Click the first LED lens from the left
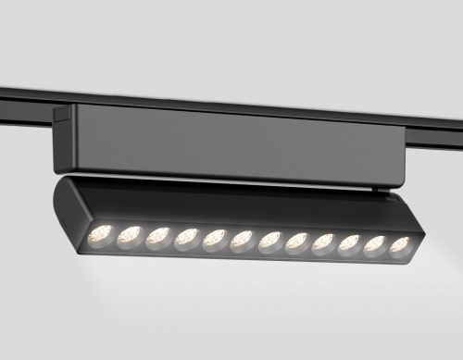[x=101, y=234]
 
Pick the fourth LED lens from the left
[x=186, y=238]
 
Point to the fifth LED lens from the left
[x=215, y=239]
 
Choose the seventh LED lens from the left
[x=270, y=242]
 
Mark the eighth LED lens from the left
[x=297, y=243]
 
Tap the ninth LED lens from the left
[x=324, y=244]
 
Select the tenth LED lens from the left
[x=350, y=245]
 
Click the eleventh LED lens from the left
[x=375, y=246]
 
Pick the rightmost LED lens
[x=399, y=247]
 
